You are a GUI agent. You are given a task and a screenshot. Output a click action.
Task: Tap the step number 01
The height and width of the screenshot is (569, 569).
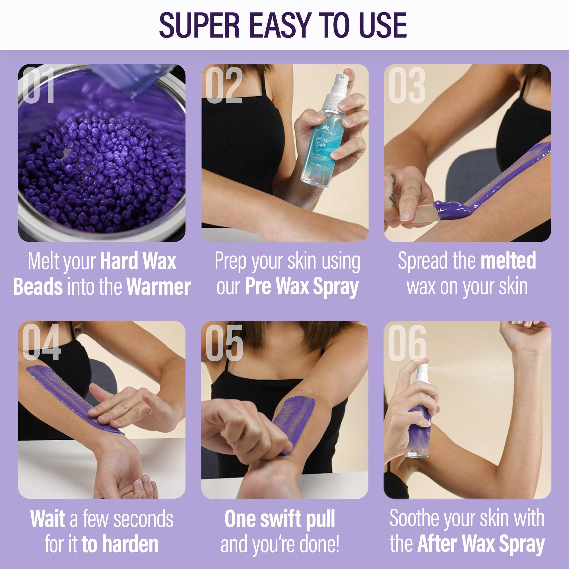[x=38, y=85]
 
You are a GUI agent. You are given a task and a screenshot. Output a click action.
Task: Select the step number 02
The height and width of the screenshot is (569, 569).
[x=224, y=85]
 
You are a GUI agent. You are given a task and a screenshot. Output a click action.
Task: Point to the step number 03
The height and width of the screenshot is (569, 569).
[x=407, y=85]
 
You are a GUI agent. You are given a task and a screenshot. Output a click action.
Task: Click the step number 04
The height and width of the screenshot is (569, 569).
[x=41, y=342]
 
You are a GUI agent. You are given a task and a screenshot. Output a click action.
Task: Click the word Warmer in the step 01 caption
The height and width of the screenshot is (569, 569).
[x=158, y=286]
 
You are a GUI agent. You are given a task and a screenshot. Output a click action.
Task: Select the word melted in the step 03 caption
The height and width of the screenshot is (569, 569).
[x=508, y=261]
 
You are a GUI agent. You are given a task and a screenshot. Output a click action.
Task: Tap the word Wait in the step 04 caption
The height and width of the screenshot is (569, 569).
[x=48, y=519]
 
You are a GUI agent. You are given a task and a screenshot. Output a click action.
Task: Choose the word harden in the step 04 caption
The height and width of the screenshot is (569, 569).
[x=131, y=544]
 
